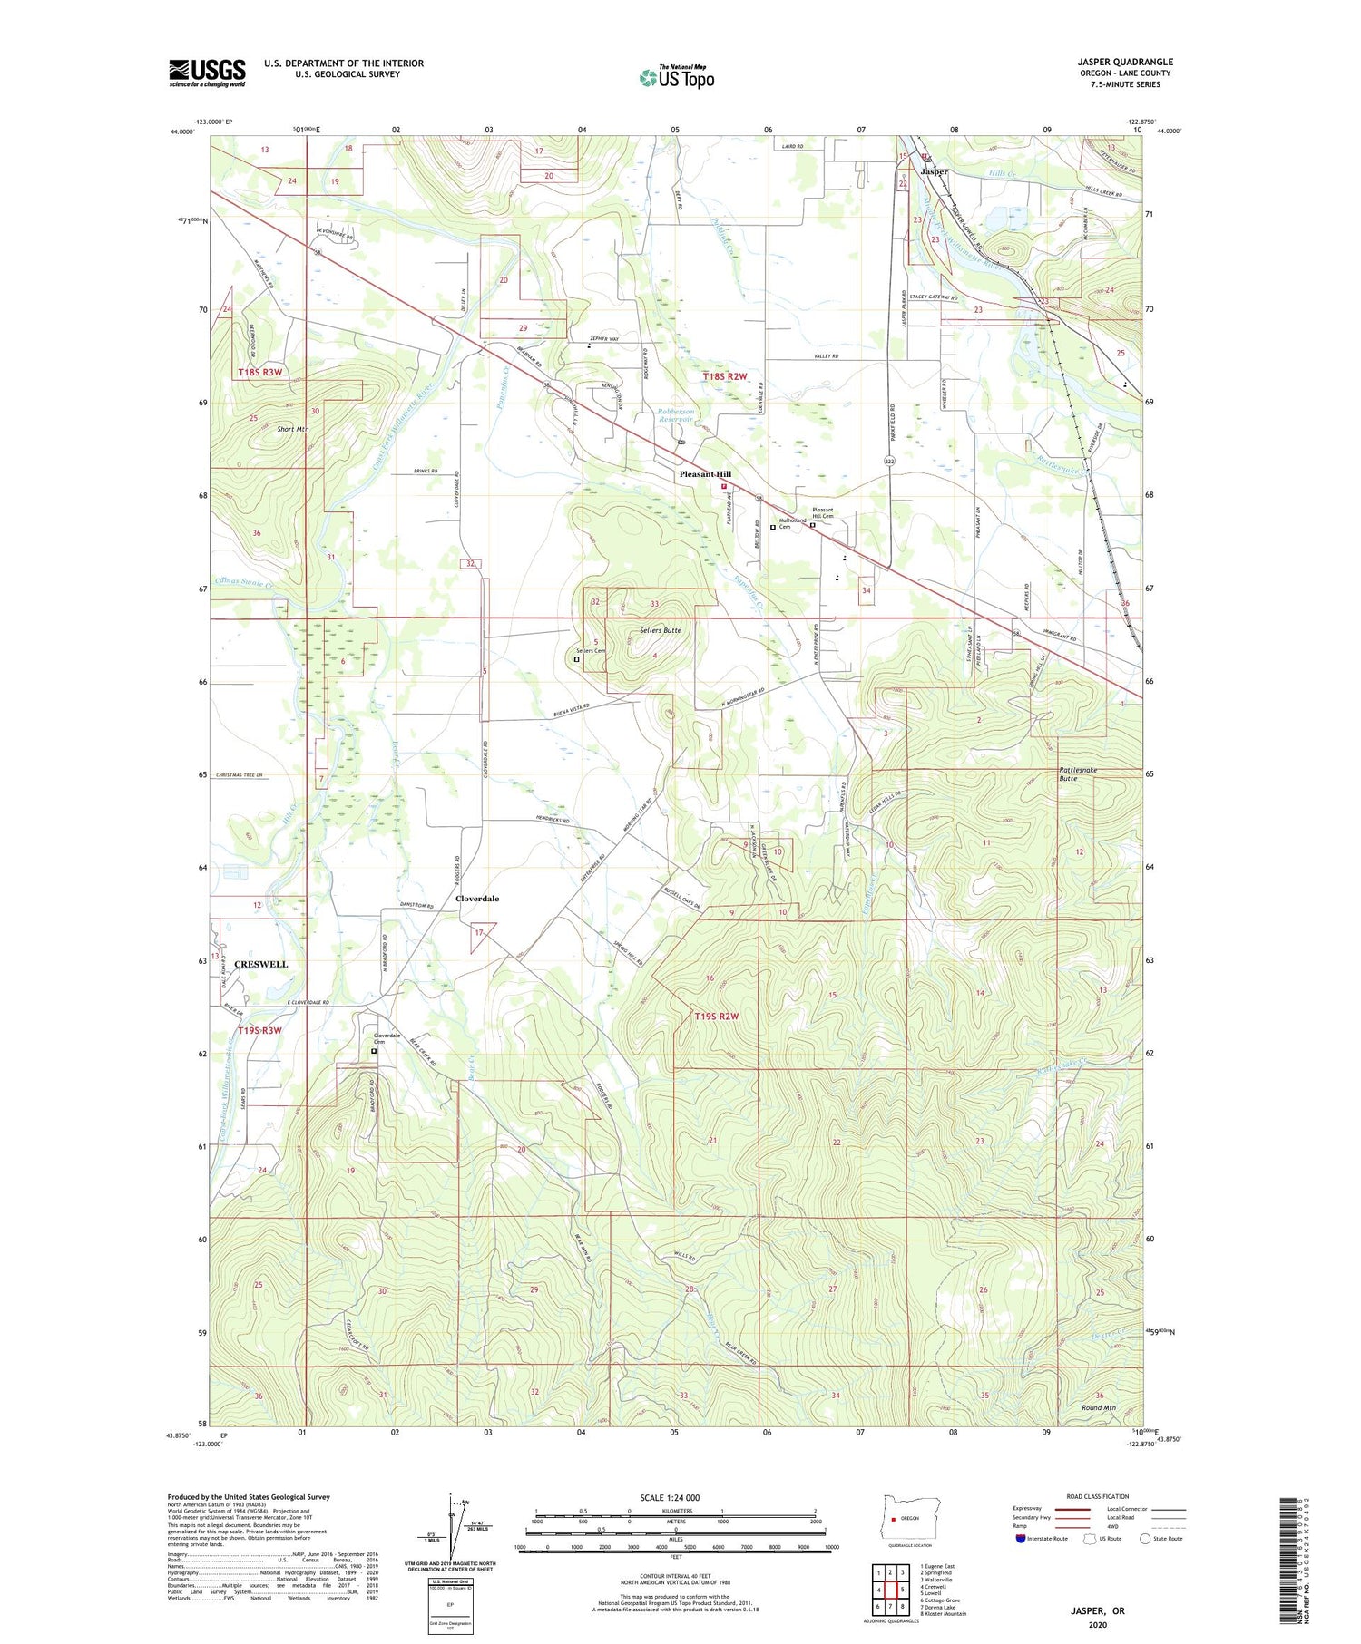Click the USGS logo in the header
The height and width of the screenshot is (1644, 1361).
pos(207,73)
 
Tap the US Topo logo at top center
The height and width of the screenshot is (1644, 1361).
pos(676,78)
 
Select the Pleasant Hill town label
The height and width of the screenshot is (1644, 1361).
pos(705,474)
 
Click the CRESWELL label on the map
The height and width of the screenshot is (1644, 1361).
pos(260,964)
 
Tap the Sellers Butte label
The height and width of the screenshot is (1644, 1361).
pos(660,629)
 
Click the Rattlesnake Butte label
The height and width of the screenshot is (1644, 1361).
pos(1078,773)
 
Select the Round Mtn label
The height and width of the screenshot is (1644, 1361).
pos(1098,1407)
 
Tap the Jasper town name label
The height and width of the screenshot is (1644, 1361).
pos(934,171)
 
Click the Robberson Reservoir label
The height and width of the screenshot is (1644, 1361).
pos(676,415)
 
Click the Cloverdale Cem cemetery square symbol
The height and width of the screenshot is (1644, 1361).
pos(373,1052)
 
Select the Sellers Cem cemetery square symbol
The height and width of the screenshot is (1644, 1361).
pos(576,659)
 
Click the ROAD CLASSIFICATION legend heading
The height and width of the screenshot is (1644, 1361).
pos(1098,1496)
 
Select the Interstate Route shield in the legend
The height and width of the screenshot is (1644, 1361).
pos(1021,1538)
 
